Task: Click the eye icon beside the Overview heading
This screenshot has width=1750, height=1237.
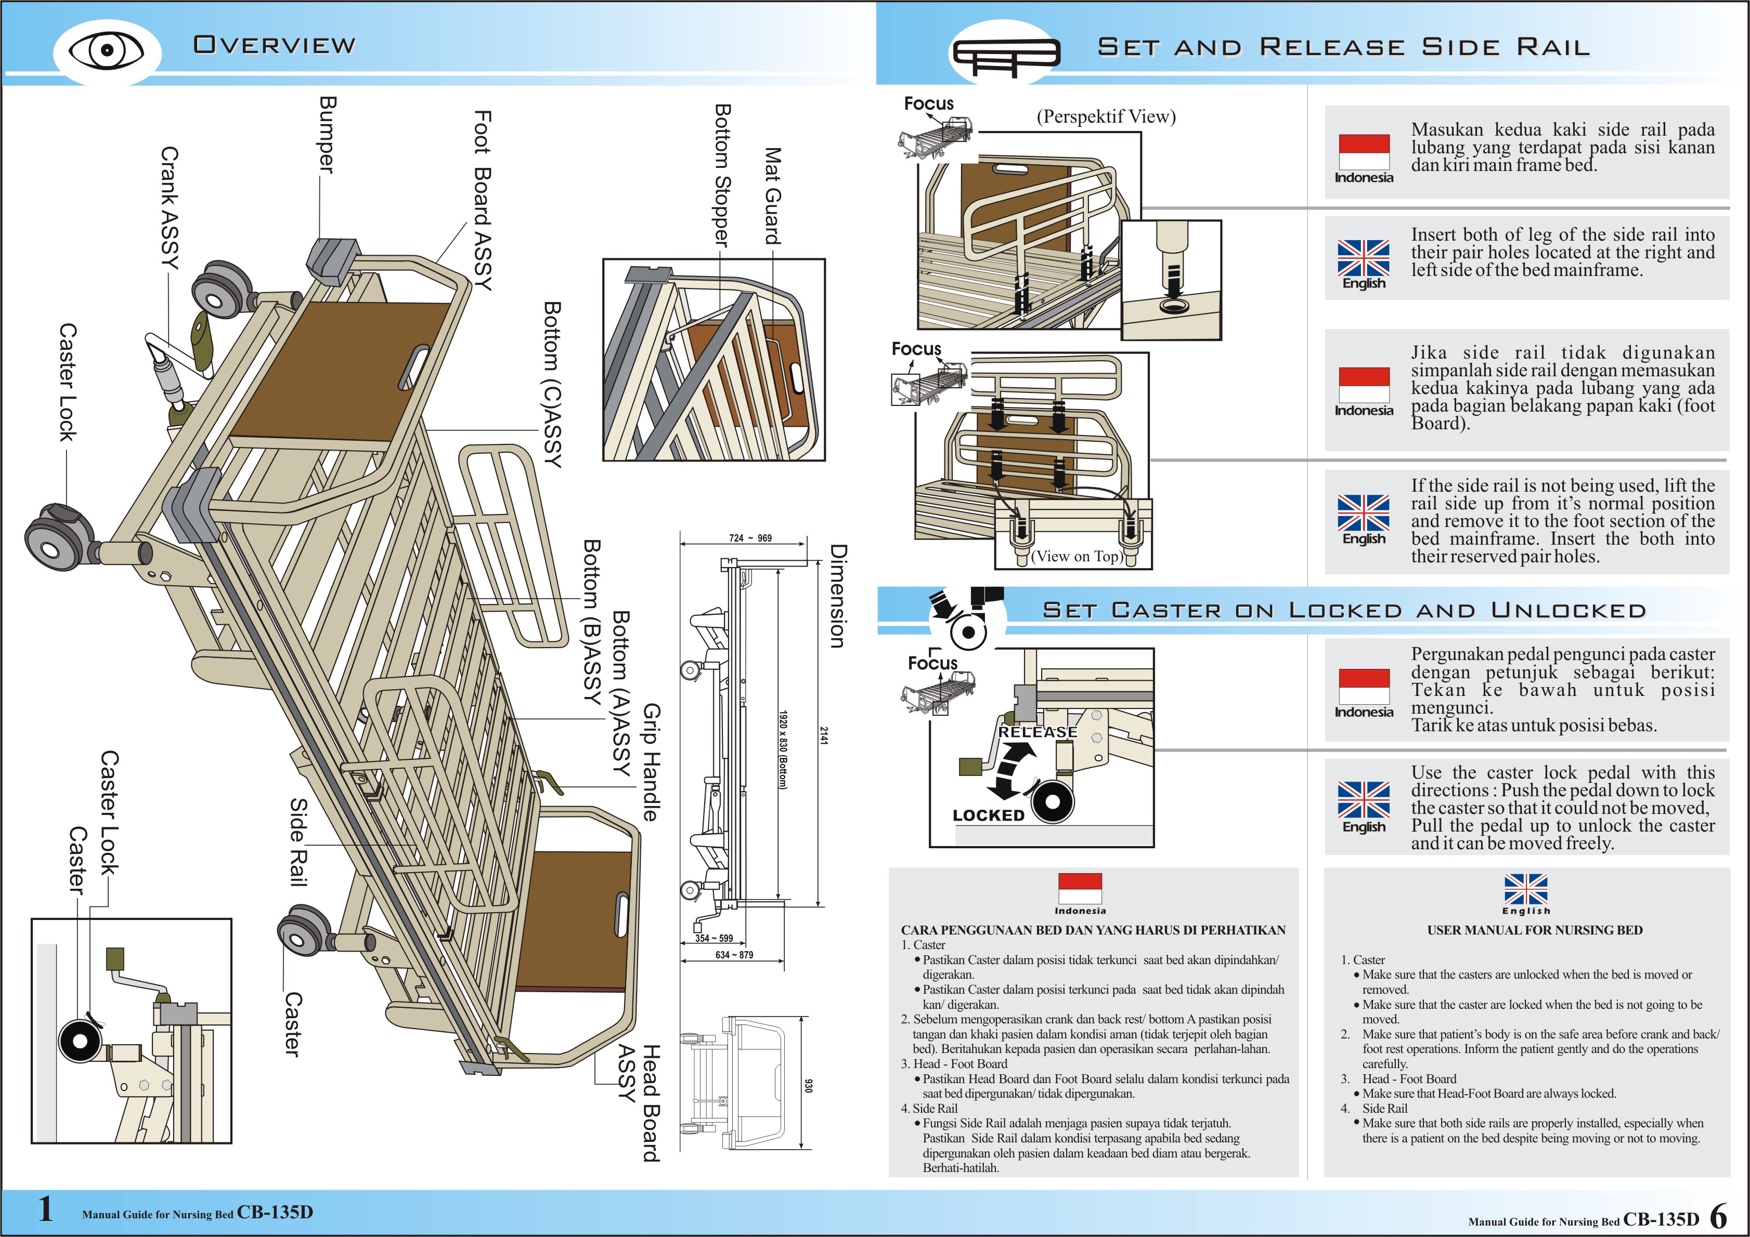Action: [x=107, y=50]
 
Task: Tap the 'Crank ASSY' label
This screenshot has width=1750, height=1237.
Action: [x=169, y=208]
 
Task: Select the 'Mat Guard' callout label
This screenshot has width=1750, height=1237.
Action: [x=773, y=196]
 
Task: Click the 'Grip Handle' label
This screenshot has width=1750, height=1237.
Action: [x=650, y=762]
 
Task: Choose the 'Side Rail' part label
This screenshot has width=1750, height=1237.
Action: [x=299, y=841]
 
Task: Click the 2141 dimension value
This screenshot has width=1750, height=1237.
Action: [x=824, y=735]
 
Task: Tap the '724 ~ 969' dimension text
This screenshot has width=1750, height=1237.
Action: [x=750, y=538]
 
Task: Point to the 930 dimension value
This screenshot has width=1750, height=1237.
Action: [x=809, y=1085]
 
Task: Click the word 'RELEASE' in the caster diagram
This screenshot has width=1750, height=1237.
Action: [x=1038, y=732]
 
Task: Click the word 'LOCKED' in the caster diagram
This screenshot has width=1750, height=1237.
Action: [x=989, y=815]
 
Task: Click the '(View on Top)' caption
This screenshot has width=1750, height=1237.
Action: [x=1075, y=556]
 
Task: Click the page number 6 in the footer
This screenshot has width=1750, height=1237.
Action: [x=1718, y=1216]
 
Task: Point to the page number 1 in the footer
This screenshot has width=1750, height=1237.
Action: [x=46, y=1209]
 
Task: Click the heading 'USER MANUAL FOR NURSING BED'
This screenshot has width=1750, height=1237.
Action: [x=1534, y=930]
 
